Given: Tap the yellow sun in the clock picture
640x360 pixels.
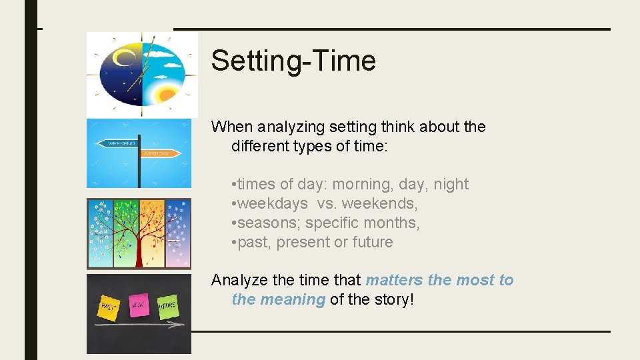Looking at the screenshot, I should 164,91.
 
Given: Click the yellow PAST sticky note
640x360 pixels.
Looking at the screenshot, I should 109,307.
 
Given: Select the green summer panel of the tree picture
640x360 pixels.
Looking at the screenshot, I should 125,220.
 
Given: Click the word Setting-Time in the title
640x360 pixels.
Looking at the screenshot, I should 293,61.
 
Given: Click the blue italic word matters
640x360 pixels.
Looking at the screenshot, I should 394,280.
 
